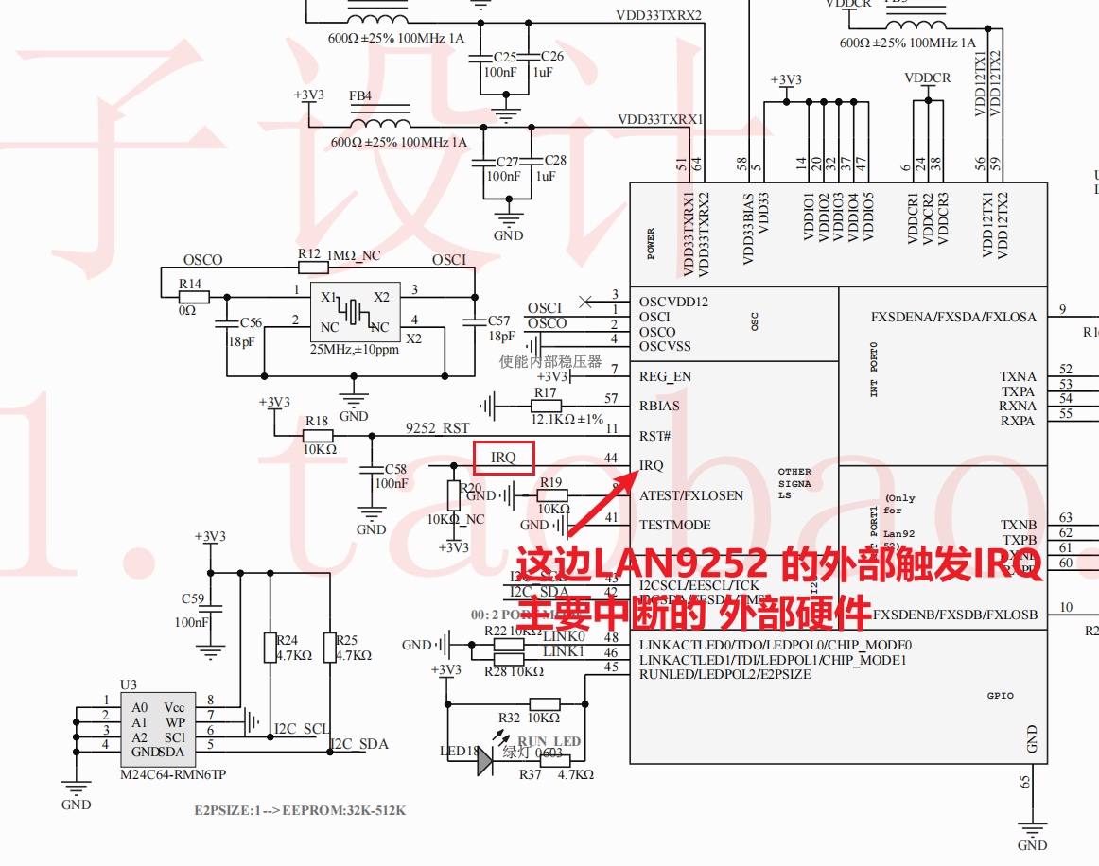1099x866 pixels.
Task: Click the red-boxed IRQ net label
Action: coord(504,459)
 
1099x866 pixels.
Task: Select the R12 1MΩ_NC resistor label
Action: coord(340,255)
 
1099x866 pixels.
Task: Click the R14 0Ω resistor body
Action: coord(193,296)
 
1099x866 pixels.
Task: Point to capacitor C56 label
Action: coord(251,323)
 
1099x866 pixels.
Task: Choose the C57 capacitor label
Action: coord(498,321)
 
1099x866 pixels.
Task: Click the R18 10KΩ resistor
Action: coord(316,435)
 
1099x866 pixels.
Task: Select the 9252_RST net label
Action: coord(437,428)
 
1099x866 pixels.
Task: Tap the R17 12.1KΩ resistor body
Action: coord(545,407)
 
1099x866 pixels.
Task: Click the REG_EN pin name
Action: coord(665,376)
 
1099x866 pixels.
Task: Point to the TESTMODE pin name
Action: coord(674,525)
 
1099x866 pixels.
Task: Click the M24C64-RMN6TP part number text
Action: coord(173,774)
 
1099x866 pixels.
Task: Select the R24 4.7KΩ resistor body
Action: coord(270,648)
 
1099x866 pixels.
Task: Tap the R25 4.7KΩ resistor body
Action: coord(329,648)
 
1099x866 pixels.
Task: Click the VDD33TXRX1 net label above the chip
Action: coord(660,120)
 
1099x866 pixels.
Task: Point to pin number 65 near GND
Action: coord(1024,781)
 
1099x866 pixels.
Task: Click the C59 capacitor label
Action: coord(193,598)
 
